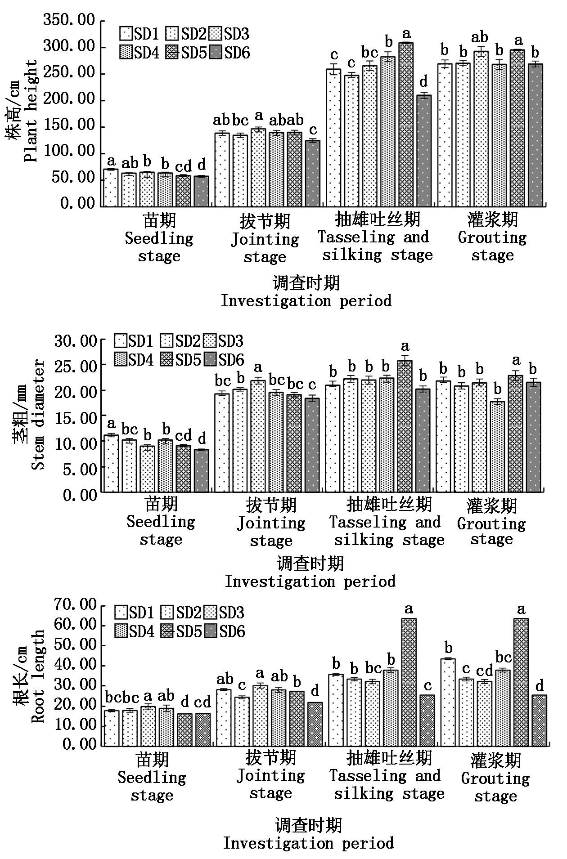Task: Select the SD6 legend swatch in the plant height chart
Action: pyautogui.click(x=217, y=53)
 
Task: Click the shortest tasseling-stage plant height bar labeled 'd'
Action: pyautogui.click(x=423, y=151)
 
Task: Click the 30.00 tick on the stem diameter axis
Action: pyautogui.click(x=75, y=341)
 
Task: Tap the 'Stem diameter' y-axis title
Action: pyautogui.click(x=38, y=415)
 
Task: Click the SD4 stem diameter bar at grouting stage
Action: pyautogui.click(x=497, y=446)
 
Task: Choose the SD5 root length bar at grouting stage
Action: pyautogui.click(x=521, y=682)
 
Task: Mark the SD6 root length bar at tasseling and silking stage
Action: pyautogui.click(x=427, y=720)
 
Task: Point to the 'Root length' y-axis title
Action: pyautogui.click(x=38, y=676)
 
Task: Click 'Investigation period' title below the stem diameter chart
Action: pyautogui.click(x=310, y=582)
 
